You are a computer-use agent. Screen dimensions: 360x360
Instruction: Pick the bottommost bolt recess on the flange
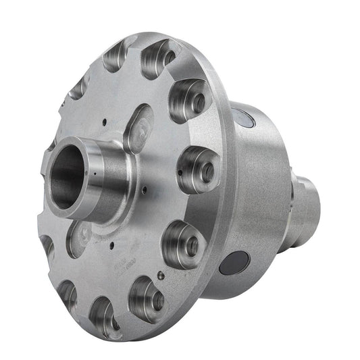[x=106, y=315]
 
